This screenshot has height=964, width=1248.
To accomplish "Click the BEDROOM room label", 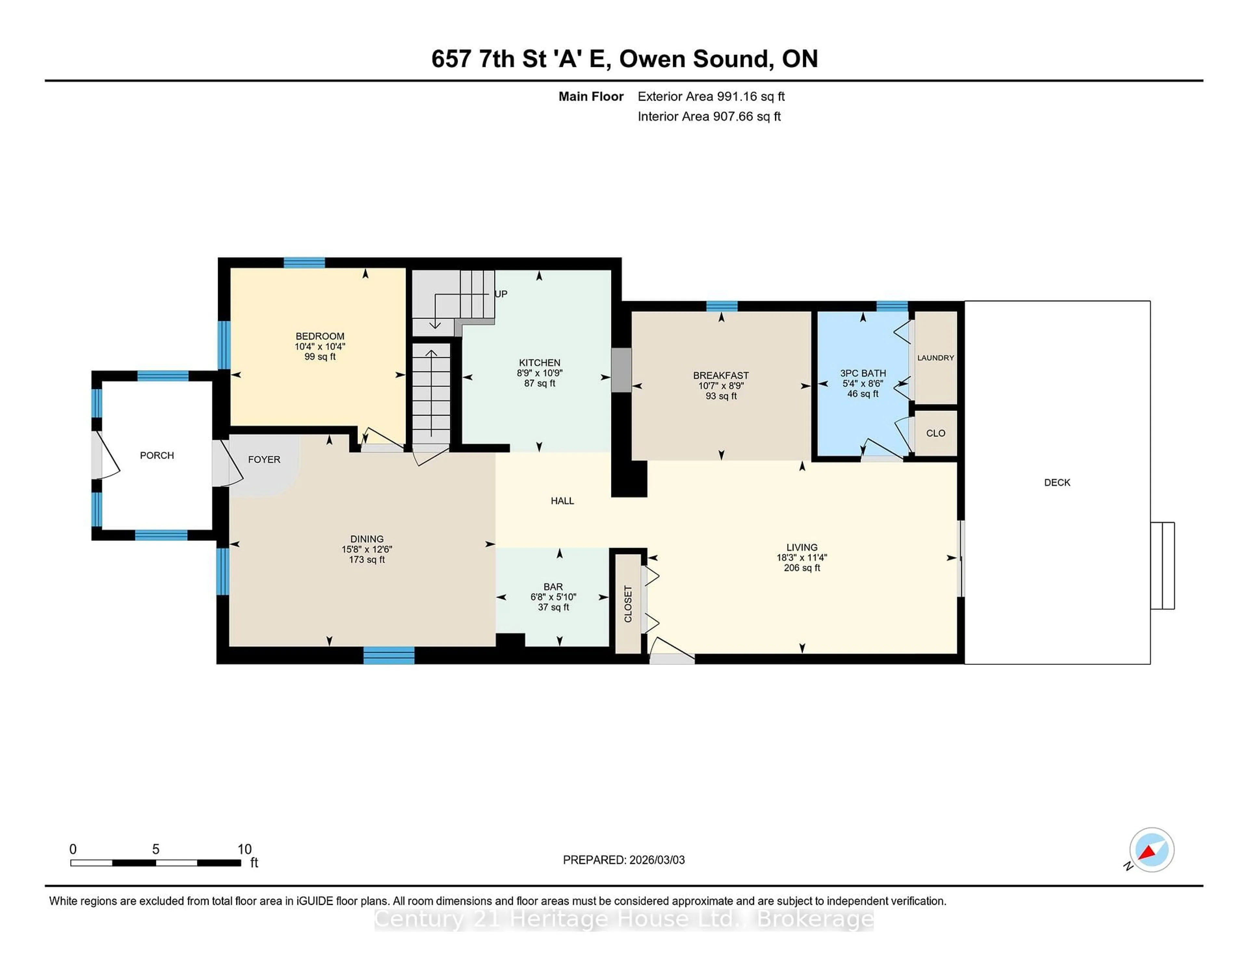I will pyautogui.click(x=319, y=336).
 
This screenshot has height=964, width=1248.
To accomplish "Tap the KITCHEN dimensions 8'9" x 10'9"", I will pyautogui.click(x=539, y=373).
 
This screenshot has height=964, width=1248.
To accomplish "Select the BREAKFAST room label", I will pyautogui.click(x=721, y=375).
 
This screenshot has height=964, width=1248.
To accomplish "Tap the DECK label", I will pyautogui.click(x=1057, y=483).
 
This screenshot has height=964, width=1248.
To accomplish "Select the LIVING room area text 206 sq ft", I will pyautogui.click(x=802, y=568).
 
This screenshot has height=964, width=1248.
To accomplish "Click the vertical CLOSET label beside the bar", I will pyautogui.click(x=628, y=604).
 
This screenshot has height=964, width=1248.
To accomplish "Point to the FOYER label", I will pyautogui.click(x=264, y=460).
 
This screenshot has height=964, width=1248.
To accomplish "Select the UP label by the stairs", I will pyautogui.click(x=500, y=294).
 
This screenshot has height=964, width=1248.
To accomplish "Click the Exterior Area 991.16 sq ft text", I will pyautogui.click(x=711, y=96).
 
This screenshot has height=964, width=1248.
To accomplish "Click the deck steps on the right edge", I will pyautogui.click(x=1162, y=565).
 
